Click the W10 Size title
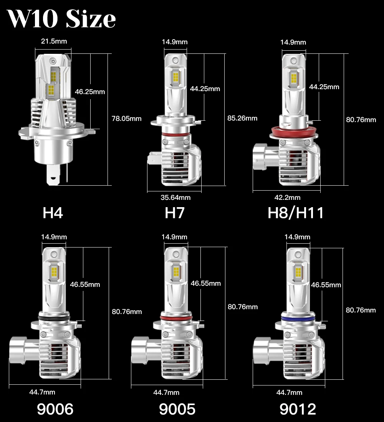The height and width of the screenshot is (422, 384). pyautogui.click(x=61, y=18)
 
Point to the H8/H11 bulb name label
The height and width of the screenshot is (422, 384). pyautogui.click(x=296, y=213)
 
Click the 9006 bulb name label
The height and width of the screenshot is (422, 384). pyautogui.click(x=55, y=409)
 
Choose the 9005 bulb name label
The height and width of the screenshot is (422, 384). pyautogui.click(x=177, y=409)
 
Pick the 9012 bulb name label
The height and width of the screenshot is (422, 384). pyautogui.click(x=298, y=409)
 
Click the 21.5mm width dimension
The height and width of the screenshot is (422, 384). pyautogui.click(x=54, y=41)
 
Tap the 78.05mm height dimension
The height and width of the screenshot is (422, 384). pyautogui.click(x=127, y=118)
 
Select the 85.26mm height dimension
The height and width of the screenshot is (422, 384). pyautogui.click(x=242, y=118)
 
